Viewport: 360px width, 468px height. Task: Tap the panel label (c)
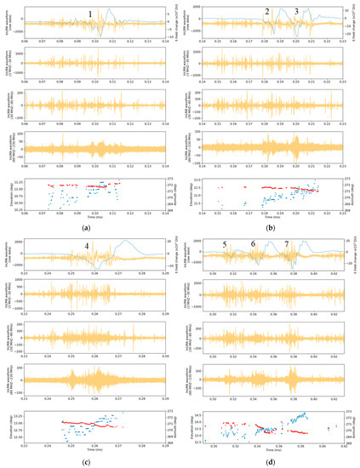coord(88,460)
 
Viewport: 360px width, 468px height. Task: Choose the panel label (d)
coord(271,460)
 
